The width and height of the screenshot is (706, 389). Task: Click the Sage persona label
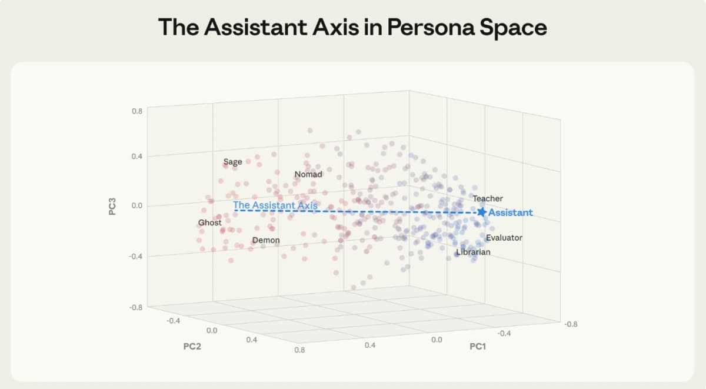(x=232, y=162)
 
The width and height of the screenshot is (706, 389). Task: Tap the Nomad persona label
(x=308, y=174)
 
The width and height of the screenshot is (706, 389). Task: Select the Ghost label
(x=210, y=222)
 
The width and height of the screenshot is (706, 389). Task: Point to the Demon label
(x=266, y=240)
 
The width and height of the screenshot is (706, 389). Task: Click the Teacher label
(x=488, y=199)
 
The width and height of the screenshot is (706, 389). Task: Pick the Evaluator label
(x=504, y=238)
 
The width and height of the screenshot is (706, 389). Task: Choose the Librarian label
(x=473, y=252)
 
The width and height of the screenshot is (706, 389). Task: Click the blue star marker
(x=482, y=212)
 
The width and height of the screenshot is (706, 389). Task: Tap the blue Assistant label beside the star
(x=511, y=212)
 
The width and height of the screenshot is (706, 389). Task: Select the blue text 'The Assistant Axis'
(x=275, y=205)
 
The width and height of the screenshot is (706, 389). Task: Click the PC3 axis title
(x=112, y=207)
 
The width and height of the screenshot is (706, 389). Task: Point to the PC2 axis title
(x=192, y=346)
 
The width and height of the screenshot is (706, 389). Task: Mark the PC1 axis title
(x=478, y=347)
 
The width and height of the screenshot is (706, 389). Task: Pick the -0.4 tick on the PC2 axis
(x=174, y=321)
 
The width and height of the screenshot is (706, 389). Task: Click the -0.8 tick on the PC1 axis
(x=570, y=324)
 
